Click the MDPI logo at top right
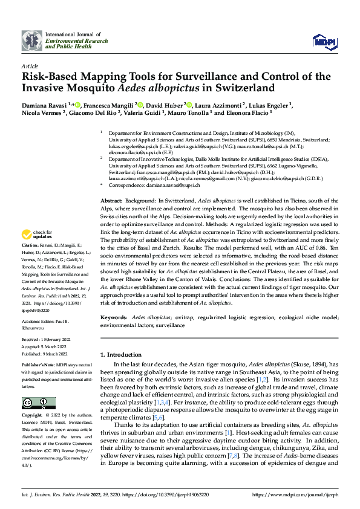pos(322,41)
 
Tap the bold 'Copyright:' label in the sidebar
pos(33,416)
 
